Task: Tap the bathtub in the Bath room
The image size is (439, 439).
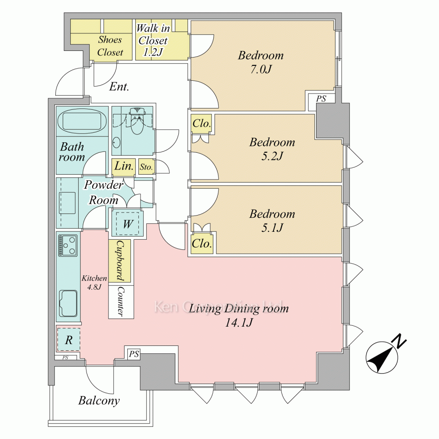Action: point(82,121)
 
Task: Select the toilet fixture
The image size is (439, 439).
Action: point(137,122)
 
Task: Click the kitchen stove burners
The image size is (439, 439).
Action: point(68,245)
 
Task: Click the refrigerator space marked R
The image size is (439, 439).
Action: point(68,339)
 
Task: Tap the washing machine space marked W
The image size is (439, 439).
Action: point(127,224)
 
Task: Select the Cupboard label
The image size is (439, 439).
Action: point(120,261)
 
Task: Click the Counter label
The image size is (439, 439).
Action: point(120,302)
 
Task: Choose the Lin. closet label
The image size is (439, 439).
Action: point(123,166)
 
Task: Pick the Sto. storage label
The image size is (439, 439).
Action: point(146,167)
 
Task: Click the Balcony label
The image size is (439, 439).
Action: point(99,400)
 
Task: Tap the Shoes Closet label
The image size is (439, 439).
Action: point(110,46)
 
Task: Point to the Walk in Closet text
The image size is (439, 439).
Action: point(152,40)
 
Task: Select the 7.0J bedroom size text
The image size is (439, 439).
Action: point(261,69)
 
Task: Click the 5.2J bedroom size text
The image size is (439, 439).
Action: point(272,156)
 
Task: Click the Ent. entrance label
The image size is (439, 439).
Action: point(119,86)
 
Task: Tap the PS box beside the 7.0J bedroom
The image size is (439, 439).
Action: point(321,99)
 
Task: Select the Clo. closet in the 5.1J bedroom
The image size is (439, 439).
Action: point(202,243)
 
